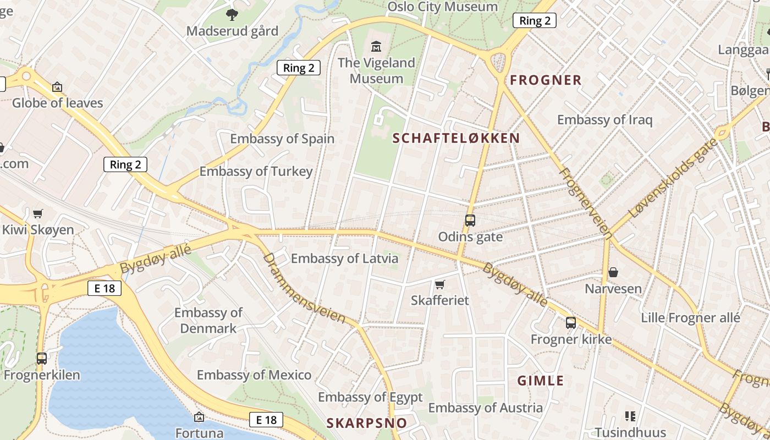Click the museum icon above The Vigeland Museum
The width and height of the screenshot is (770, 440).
click(x=376, y=46)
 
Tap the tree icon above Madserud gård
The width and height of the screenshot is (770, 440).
click(x=232, y=14)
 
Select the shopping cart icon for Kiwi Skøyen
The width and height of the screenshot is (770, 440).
click(x=38, y=213)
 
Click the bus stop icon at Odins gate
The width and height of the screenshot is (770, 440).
click(x=470, y=221)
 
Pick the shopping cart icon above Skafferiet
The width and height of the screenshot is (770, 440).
click(x=439, y=284)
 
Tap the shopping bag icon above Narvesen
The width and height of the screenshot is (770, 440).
click(x=613, y=272)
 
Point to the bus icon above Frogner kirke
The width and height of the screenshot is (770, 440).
click(x=571, y=323)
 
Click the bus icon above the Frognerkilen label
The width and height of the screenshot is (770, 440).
click(x=42, y=359)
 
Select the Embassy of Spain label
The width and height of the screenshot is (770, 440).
click(x=282, y=139)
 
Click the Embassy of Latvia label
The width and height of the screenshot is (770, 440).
click(x=344, y=258)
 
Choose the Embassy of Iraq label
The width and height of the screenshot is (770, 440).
click(x=604, y=120)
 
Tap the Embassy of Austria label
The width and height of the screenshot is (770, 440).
click(x=485, y=408)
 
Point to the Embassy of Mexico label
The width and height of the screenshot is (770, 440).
click(x=254, y=375)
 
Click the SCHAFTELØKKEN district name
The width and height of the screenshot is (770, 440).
click(x=457, y=138)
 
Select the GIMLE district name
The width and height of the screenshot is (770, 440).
click(x=541, y=381)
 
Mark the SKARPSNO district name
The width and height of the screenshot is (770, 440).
click(x=367, y=423)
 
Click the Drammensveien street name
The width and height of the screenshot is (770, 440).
click(x=304, y=288)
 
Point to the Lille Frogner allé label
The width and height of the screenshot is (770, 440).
click(x=690, y=318)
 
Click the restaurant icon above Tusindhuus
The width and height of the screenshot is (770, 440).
click(x=630, y=416)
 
